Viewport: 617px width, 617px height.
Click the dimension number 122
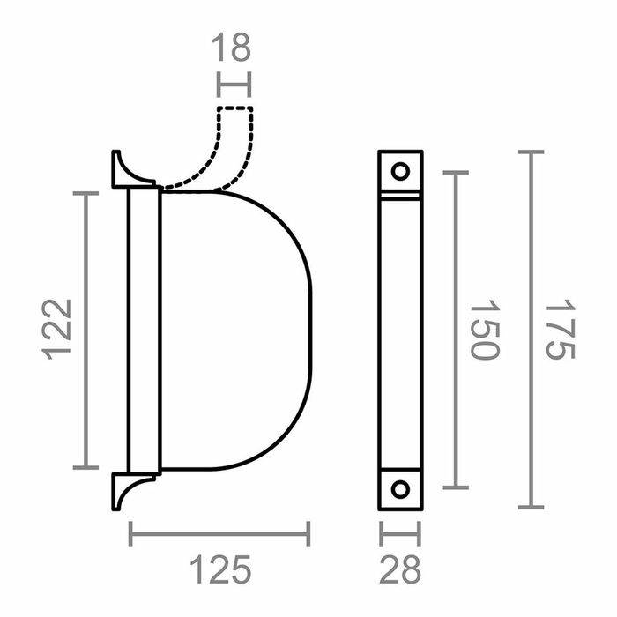point(57,330)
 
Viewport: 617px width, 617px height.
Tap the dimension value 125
point(219,570)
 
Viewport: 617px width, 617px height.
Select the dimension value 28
point(399,570)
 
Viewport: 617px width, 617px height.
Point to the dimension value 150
point(485,330)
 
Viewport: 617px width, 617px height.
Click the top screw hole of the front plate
point(400,171)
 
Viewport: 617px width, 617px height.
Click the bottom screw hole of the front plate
point(400,489)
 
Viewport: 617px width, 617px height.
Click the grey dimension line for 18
point(234,85)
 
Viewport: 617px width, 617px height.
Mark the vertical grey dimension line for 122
point(85,330)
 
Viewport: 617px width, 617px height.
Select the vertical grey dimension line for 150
point(455,330)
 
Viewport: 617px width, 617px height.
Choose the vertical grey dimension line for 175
point(530,330)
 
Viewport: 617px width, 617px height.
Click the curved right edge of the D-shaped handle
point(309,330)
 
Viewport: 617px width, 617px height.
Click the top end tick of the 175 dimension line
point(530,152)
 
